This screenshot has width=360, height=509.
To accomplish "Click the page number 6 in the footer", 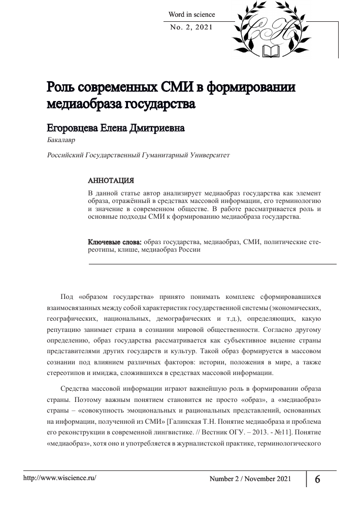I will coord(317,480).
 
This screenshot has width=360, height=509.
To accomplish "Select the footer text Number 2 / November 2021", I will coord(251,480).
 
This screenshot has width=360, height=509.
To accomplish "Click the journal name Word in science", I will coord(191,15).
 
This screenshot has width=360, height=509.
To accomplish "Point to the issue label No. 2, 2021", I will coord(191,27).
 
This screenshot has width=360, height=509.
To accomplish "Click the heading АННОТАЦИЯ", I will coord(111,181).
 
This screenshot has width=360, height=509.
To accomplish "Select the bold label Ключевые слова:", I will coord(114,242).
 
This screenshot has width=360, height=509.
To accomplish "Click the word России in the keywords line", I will coord(189,250).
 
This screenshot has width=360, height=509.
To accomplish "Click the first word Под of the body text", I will coord(67,296).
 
